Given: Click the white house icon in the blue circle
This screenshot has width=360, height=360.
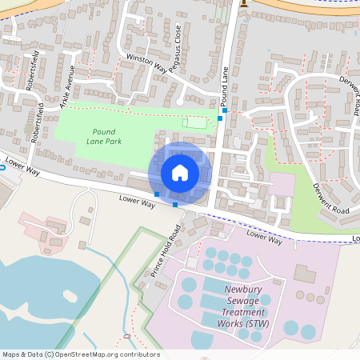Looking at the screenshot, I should click(180, 173).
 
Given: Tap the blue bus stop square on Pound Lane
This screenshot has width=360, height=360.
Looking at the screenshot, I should click(220, 118).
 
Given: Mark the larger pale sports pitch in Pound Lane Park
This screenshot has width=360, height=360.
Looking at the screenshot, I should click(194, 122).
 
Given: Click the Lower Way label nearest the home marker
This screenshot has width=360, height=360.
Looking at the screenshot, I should click(136, 202).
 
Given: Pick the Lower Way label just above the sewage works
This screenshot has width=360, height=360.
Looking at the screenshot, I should click(264, 236).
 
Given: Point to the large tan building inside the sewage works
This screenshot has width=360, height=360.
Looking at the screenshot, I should click(305, 273).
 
